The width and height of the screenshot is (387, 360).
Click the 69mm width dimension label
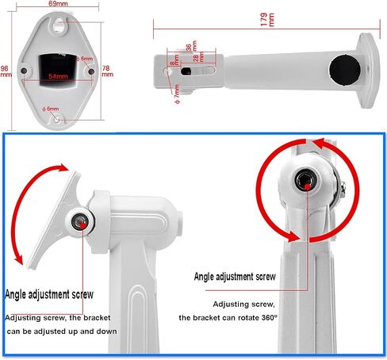pos(58,3)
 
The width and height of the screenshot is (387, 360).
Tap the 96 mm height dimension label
pos(6,71)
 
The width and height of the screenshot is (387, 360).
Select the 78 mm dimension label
pos(107,71)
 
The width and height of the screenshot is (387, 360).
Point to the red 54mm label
pos(58,76)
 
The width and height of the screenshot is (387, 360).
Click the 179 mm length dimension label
pos(267,19)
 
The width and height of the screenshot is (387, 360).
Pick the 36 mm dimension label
pos(191,46)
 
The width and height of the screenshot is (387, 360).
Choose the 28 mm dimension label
pos(198,56)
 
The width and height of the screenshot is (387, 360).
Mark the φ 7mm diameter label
pos(177,94)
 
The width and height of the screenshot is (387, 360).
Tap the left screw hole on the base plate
pos(24,71)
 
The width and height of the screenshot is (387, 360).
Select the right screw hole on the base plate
pos(91,71)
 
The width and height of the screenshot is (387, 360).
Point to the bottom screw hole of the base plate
pos(57,119)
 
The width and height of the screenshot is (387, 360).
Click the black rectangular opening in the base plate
pos(58,70)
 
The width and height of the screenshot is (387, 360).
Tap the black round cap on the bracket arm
pos(345,70)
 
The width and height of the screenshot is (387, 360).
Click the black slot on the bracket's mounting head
pos(186,71)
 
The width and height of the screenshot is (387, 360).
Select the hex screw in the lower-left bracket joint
pos(80,221)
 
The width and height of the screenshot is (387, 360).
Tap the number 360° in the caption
pos(270,317)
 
